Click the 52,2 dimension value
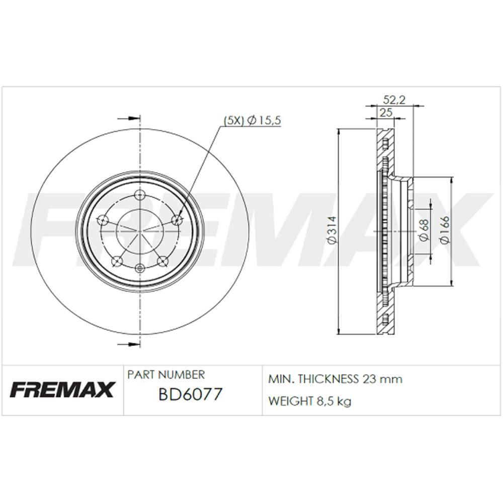[394, 100]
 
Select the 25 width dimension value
[386, 113]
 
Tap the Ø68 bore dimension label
[424, 231]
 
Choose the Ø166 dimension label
[446, 230]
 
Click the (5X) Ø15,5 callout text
[252, 120]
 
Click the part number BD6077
[190, 394]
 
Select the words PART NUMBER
[166, 375]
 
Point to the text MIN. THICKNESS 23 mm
[335, 379]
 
